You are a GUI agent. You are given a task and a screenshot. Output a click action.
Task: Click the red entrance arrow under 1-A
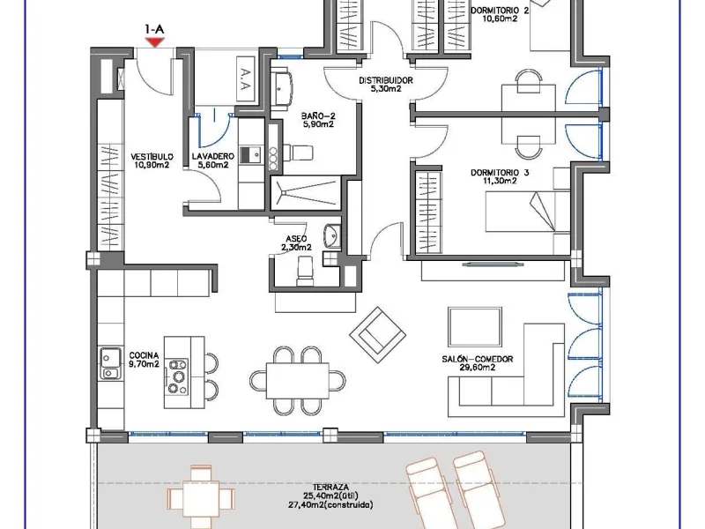tap(155, 42)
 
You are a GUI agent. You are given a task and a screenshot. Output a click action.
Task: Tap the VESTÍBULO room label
tap(152, 157)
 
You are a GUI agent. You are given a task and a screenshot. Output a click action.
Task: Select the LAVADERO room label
tap(213, 157)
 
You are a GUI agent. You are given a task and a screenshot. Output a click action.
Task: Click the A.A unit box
tap(245, 79)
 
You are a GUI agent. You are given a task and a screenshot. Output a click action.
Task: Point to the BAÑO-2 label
tap(318, 116)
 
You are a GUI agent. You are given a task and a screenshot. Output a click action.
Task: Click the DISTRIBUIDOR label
tap(385, 80)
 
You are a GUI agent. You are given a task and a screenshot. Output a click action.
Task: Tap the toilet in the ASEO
tap(305, 271)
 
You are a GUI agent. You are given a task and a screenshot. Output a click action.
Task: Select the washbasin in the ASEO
tap(332, 235)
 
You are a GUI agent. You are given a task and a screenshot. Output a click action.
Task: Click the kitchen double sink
tap(110, 363)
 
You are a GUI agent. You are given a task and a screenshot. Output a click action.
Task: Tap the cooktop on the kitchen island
tap(177, 376)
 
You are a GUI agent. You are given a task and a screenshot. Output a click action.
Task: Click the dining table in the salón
tap(297, 381)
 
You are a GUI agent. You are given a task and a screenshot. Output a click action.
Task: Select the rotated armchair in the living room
tap(378, 335)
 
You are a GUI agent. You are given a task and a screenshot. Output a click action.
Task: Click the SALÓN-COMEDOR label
tap(477, 359)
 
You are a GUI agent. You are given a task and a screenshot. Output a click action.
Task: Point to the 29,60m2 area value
tap(477, 367)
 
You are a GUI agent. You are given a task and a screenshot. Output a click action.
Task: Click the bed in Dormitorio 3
tap(528, 212)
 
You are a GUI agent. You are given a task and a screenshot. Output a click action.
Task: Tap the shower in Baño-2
tap(306, 193)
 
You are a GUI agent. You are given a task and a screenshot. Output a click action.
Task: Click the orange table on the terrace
tap(201, 498)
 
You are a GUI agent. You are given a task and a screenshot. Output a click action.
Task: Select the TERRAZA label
tap(330, 488)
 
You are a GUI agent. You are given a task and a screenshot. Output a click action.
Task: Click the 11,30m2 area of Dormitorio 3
tap(500, 181)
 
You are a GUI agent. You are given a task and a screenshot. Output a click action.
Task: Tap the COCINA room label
tap(144, 356)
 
